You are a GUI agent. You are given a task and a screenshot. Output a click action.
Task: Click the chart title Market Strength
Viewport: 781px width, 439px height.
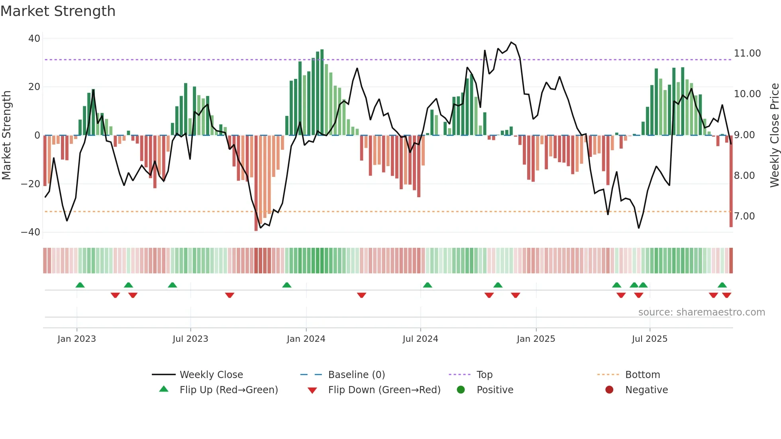(58, 11)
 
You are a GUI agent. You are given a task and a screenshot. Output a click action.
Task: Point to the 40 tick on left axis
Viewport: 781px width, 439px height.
(34, 39)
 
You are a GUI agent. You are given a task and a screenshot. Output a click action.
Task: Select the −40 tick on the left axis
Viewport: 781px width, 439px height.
(31, 232)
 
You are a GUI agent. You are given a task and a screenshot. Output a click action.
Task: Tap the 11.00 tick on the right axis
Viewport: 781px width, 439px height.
(747, 53)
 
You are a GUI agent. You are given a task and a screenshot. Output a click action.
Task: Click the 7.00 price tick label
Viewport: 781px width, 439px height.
(744, 216)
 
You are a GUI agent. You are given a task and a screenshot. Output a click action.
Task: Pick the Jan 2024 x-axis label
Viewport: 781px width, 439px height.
(306, 339)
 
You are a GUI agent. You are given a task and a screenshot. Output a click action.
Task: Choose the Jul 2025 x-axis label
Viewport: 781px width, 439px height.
(649, 339)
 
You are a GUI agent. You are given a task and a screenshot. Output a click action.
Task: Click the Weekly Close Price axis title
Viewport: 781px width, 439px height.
(774, 135)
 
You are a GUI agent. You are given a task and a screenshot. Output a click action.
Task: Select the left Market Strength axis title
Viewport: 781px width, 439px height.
(6, 135)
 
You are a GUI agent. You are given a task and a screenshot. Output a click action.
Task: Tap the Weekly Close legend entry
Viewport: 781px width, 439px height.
(211, 375)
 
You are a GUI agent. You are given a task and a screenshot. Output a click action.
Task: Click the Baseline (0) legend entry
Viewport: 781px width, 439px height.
(356, 375)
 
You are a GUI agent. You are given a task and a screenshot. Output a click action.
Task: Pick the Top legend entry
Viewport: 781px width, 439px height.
(484, 375)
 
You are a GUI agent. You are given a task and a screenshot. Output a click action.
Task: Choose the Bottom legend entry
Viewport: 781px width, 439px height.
(642, 375)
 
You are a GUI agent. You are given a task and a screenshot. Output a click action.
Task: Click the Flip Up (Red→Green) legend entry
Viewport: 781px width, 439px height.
(228, 390)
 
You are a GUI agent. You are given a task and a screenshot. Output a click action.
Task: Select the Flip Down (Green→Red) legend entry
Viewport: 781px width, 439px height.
(384, 390)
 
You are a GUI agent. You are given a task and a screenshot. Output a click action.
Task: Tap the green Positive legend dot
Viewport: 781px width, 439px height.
(461, 390)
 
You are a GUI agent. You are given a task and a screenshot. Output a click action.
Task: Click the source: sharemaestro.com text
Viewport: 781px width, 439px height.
(701, 312)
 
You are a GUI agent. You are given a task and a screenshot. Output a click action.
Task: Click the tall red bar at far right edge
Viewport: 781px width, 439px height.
(731, 181)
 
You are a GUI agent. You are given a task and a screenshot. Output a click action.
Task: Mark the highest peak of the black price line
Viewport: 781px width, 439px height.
(511, 42)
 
